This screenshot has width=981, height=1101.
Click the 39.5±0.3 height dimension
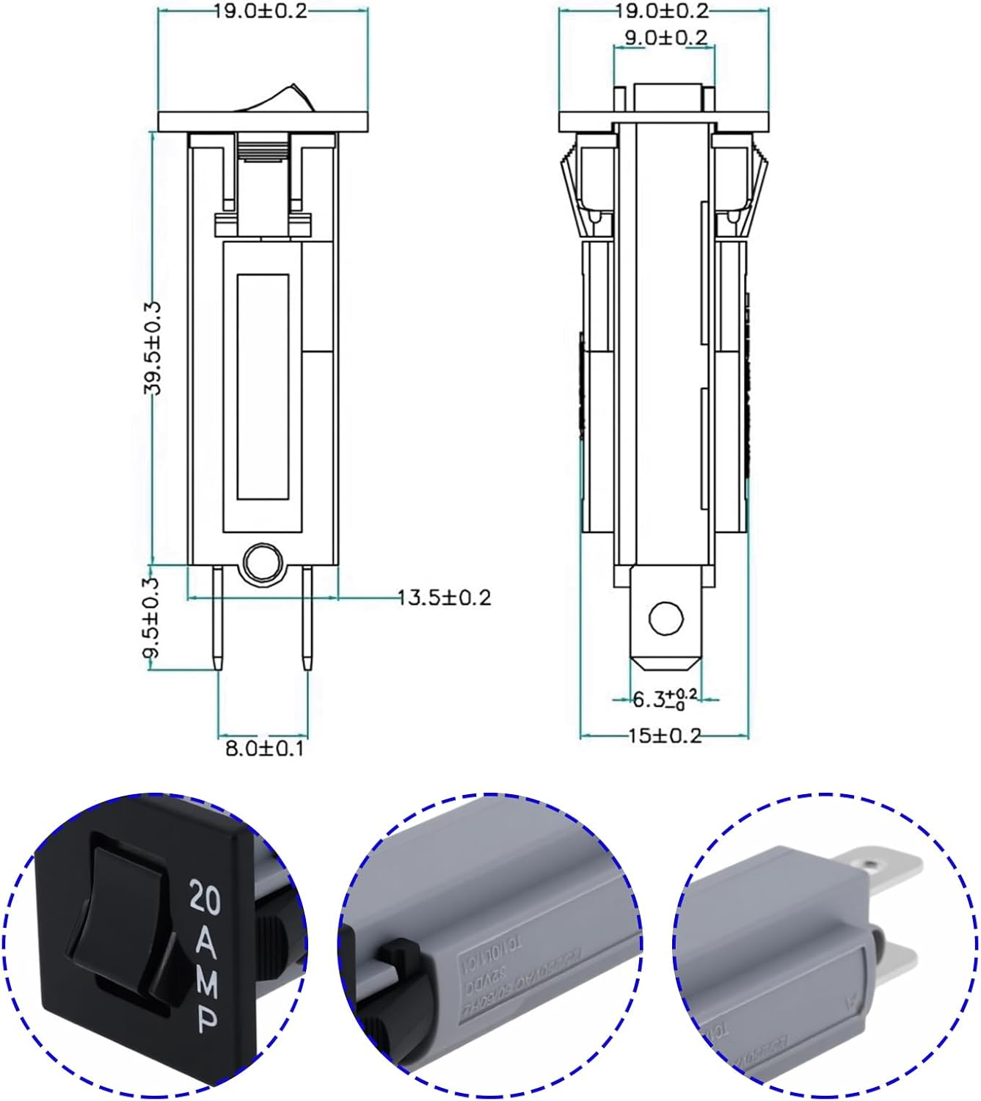click(152, 348)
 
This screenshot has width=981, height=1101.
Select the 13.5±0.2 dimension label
click(444, 597)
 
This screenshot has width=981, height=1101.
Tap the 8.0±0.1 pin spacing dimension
click(263, 749)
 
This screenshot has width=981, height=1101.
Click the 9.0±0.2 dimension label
click(665, 37)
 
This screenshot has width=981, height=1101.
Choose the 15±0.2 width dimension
click(665, 735)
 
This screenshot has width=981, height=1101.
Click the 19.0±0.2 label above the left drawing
click(260, 11)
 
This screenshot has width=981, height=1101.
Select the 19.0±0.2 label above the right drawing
click(663, 11)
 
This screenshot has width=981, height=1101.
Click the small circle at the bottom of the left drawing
click(263, 564)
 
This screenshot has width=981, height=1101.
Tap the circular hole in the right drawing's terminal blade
click(666, 618)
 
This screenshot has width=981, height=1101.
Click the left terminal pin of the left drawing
click(218, 617)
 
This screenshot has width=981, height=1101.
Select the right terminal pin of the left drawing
click(307, 617)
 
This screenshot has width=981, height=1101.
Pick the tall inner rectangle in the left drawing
click(263, 387)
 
